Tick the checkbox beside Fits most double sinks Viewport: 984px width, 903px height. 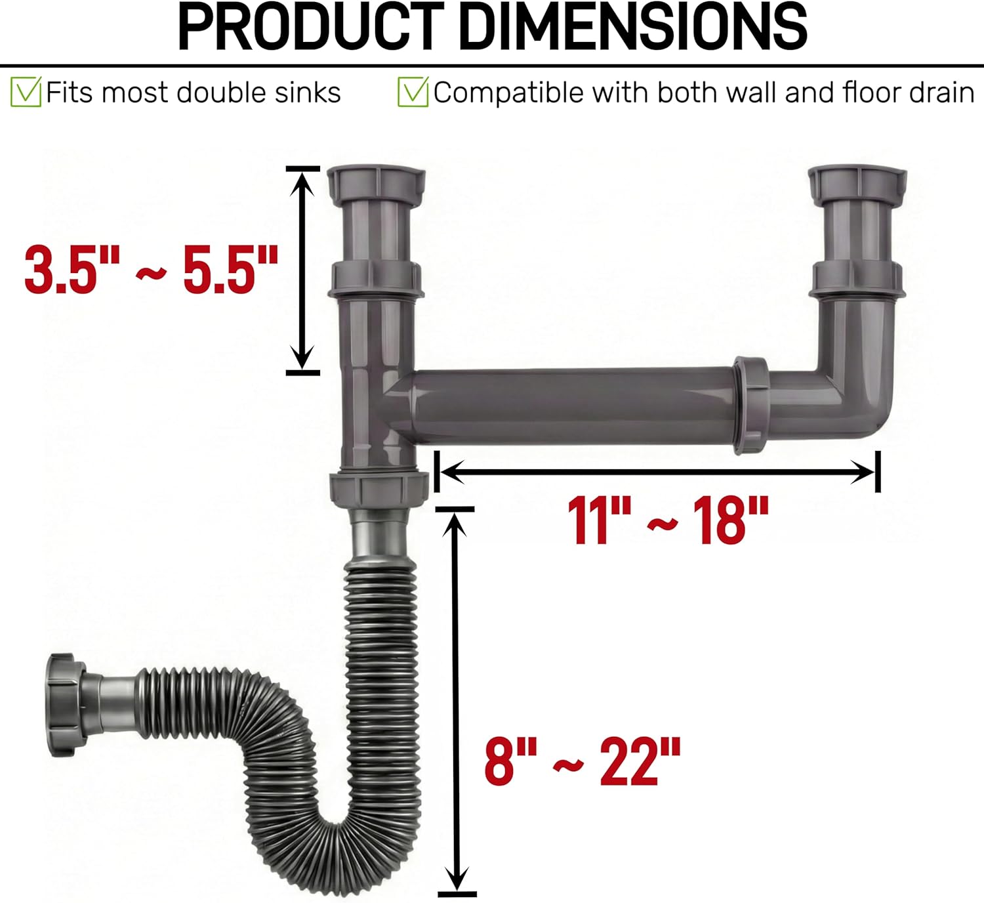[x=26, y=93]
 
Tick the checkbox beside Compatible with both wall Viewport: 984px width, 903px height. [x=413, y=93]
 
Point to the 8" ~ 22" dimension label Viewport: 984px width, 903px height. [x=583, y=761]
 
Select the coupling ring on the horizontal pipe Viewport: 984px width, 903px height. [x=751, y=406]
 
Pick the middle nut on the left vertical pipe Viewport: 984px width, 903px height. [x=376, y=278]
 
